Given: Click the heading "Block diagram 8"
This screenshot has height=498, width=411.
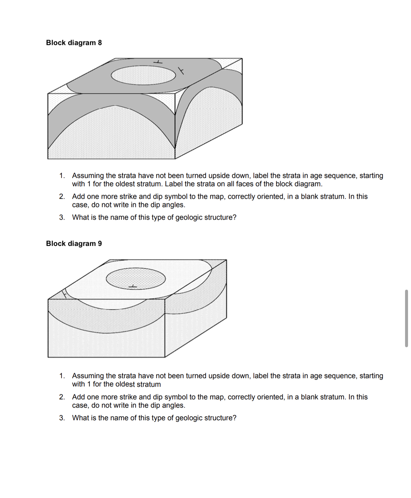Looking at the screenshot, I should click(x=74, y=43).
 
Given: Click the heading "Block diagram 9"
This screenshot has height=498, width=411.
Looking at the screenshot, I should click(x=74, y=243).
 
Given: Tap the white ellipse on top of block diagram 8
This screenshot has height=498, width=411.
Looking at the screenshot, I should click(x=143, y=75).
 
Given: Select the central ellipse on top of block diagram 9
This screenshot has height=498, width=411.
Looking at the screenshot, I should click(x=136, y=278).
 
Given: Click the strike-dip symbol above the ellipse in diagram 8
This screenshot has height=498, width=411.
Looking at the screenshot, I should click(x=159, y=62).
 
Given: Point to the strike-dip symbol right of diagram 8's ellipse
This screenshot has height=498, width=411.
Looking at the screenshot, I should click(x=181, y=70).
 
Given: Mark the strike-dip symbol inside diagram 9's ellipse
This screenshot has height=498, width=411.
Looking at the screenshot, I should click(x=132, y=286).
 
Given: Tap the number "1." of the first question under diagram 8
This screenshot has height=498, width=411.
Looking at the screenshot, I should click(x=62, y=176).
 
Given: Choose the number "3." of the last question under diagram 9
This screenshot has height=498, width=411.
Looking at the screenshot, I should click(x=62, y=418).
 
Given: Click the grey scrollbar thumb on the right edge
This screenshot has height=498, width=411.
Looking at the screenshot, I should click(x=406, y=318).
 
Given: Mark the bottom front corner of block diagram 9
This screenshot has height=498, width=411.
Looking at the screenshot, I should click(x=165, y=357).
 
